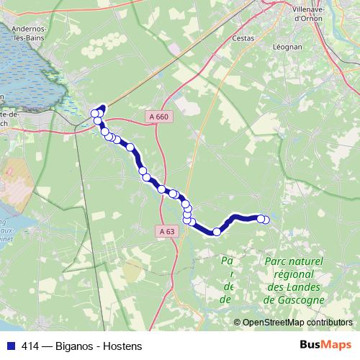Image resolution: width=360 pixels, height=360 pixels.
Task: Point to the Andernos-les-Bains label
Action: [24, 34]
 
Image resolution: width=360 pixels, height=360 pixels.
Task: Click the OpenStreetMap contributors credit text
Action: [298, 322]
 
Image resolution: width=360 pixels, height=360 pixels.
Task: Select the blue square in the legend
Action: [10, 346]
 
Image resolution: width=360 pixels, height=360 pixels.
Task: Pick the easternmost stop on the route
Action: [266, 220]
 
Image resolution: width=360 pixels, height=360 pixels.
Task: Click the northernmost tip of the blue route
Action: [102, 107]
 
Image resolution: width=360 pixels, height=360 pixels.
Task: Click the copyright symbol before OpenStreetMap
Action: [238, 322]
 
